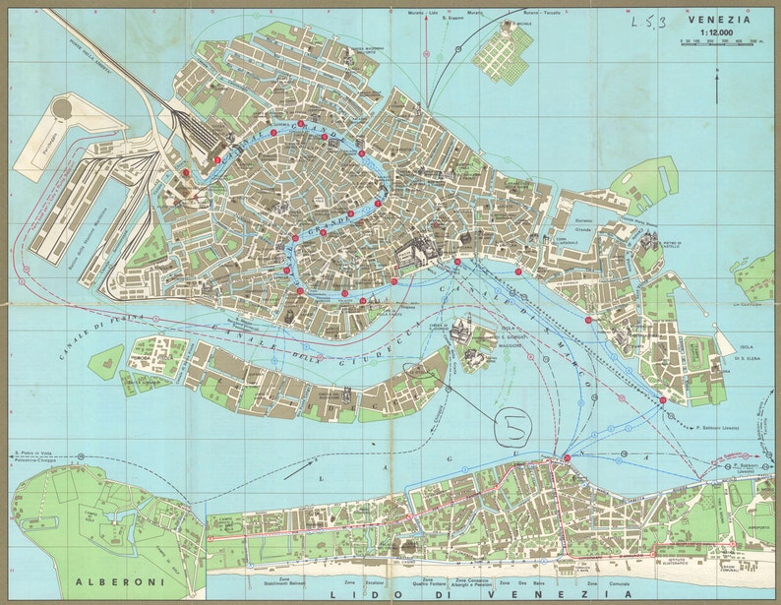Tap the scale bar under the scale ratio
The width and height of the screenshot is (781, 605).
click(720, 43)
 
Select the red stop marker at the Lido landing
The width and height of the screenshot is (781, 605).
click(567, 458)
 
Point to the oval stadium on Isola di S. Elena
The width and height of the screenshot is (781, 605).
click(701, 352)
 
